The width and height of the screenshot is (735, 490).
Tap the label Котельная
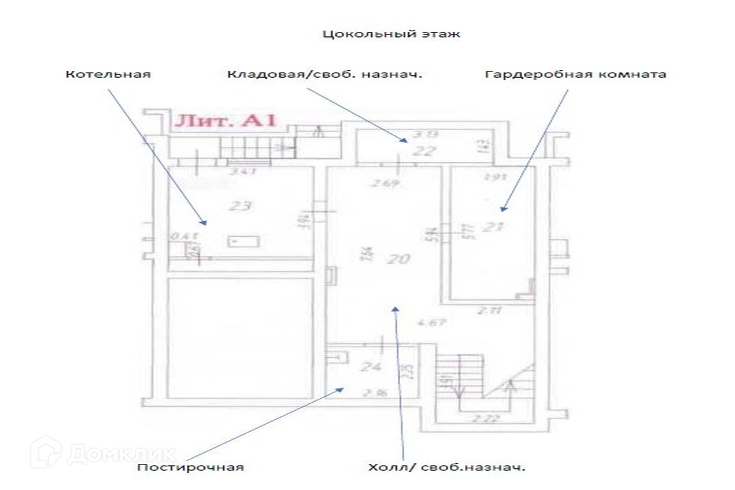coord(108,74)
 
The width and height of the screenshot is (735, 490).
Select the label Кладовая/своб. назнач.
coord(325,74)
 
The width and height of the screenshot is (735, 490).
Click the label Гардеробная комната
coord(575,74)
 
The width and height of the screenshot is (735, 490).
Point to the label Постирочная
coord(191,467)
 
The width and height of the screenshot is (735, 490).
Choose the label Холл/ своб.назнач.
coord(447,467)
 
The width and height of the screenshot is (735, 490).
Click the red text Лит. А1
coord(225,121)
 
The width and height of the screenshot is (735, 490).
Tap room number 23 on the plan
coord(243,206)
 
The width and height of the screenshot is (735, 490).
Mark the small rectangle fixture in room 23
coord(244,241)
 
